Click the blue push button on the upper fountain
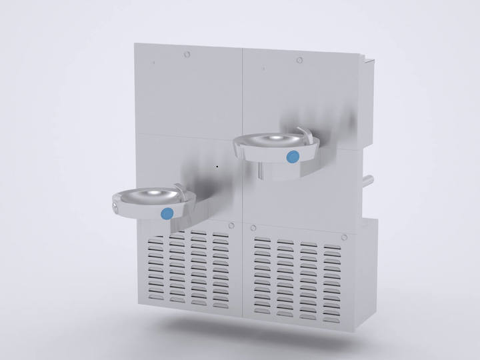(293, 157)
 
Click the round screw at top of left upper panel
(187, 52)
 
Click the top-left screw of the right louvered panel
(253, 228)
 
